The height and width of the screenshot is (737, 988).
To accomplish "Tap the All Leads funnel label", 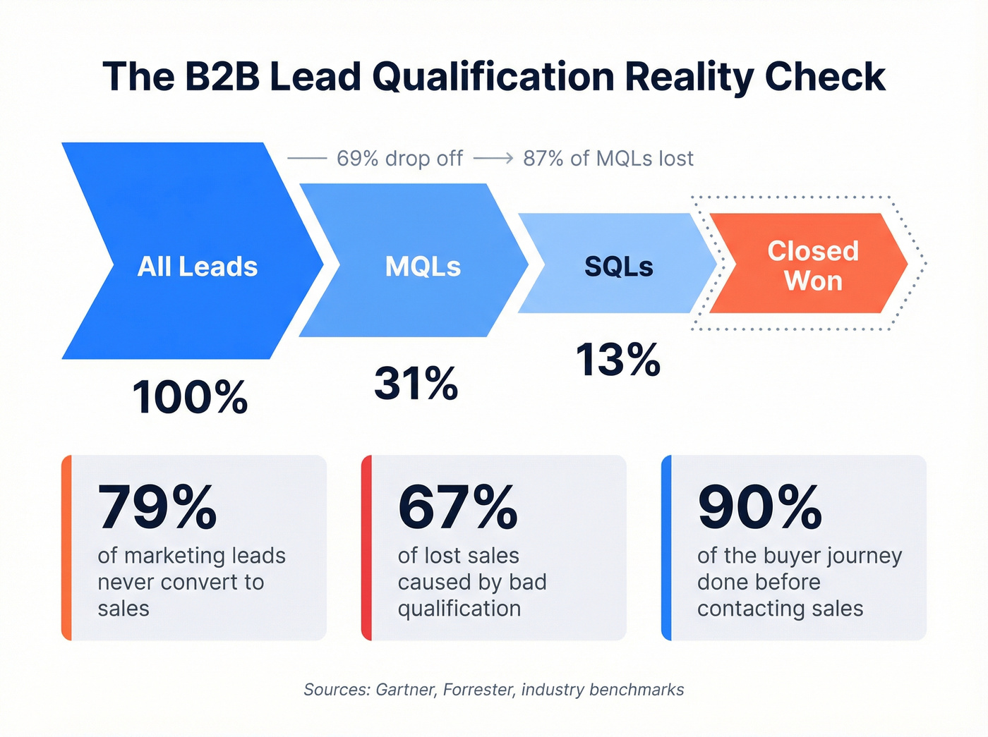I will (x=198, y=267).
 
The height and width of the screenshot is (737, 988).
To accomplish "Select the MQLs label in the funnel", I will (x=423, y=267).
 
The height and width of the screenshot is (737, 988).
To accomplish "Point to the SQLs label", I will (x=619, y=267).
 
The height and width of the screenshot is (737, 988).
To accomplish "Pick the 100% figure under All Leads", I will (x=190, y=397).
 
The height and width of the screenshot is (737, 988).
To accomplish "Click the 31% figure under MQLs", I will (x=416, y=384).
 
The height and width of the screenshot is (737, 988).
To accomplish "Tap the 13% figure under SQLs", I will (x=618, y=360).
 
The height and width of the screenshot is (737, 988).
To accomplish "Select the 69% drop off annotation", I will (x=399, y=159).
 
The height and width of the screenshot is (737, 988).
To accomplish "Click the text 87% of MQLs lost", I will (x=608, y=159).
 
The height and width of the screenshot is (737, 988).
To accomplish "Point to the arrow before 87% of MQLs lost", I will (x=493, y=159).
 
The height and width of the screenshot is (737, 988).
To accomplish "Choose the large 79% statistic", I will (x=157, y=507).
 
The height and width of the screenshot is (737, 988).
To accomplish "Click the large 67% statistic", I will (x=458, y=507).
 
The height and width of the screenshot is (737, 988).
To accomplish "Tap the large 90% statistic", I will (x=760, y=507).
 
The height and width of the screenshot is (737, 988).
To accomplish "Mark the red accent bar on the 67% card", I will (x=366, y=548).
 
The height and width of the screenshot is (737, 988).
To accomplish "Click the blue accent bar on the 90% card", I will (x=666, y=548).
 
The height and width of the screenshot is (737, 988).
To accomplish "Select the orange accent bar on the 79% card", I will (x=66, y=548).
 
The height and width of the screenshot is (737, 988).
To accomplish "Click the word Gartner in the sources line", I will (x=406, y=690).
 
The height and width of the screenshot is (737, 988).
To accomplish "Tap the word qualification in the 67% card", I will (x=459, y=609).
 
